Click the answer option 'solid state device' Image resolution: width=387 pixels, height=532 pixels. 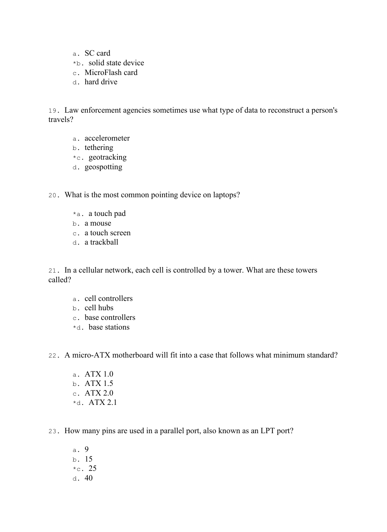click(x=116, y=63)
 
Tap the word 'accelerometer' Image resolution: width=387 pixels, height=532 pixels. click(x=107, y=138)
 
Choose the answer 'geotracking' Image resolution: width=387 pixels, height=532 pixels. click(x=107, y=157)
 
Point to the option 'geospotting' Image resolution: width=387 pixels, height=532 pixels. click(x=103, y=167)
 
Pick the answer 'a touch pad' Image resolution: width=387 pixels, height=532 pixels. click(x=107, y=213)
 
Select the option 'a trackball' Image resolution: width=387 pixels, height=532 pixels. click(x=101, y=242)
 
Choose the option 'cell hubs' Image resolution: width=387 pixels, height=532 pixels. click(x=99, y=308)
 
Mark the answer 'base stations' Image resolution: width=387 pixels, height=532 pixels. click(x=109, y=327)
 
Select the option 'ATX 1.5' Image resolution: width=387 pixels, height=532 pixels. click(x=99, y=383)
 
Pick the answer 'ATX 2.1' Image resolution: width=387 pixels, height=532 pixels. click(x=103, y=402)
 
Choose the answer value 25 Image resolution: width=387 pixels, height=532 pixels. click(x=93, y=468)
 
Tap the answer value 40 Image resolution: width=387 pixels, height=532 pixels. click(x=88, y=478)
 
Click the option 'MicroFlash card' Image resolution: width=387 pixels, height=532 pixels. click(x=111, y=73)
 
